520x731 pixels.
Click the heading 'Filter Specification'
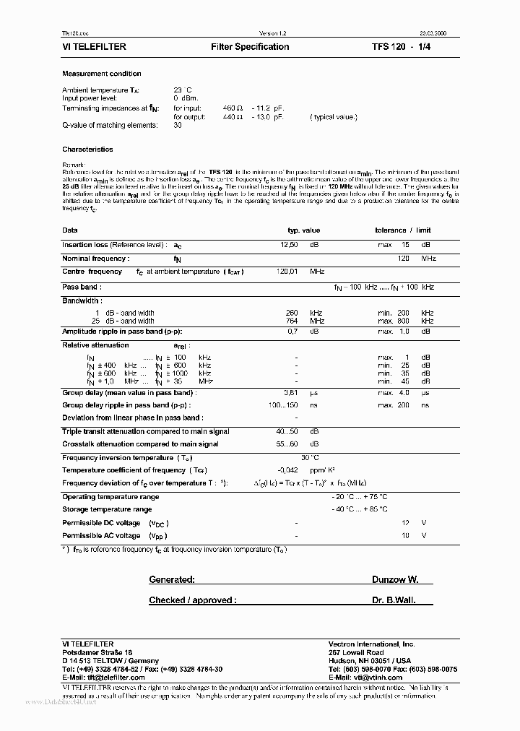click(250, 47)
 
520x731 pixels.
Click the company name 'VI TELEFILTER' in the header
click(95, 47)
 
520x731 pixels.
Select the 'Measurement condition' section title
click(102, 74)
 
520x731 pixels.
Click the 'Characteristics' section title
click(87, 150)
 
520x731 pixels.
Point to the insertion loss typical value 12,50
click(289, 245)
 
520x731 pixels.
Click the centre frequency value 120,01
click(289, 272)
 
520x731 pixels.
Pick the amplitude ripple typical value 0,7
click(292, 331)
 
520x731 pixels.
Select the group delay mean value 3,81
click(290, 392)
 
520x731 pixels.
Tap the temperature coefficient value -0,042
click(288, 470)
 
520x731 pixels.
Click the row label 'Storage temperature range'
click(107, 509)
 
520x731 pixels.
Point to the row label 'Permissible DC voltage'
click(101, 522)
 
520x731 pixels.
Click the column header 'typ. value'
click(303, 230)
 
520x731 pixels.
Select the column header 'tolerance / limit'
click(403, 230)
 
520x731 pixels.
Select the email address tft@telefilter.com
click(111, 678)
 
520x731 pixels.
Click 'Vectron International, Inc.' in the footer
click(372, 644)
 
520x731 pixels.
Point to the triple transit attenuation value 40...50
click(290, 431)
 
